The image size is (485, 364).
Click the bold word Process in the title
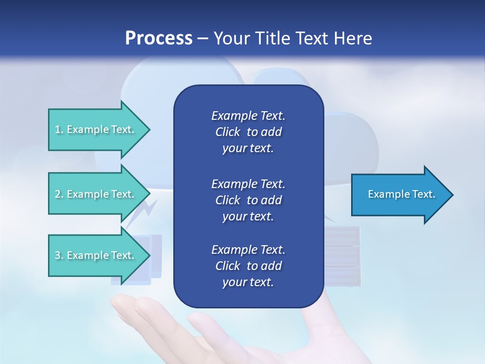point(159,38)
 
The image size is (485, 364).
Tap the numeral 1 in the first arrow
point(58,130)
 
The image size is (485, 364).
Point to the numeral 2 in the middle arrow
point(58,194)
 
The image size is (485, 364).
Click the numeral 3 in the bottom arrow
point(58,255)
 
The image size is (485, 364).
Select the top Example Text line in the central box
point(248,116)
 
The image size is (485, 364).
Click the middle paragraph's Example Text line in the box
point(248,184)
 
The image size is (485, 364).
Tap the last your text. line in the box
point(248,283)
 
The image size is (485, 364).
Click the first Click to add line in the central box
point(248,132)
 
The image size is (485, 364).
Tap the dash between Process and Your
point(203,38)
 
